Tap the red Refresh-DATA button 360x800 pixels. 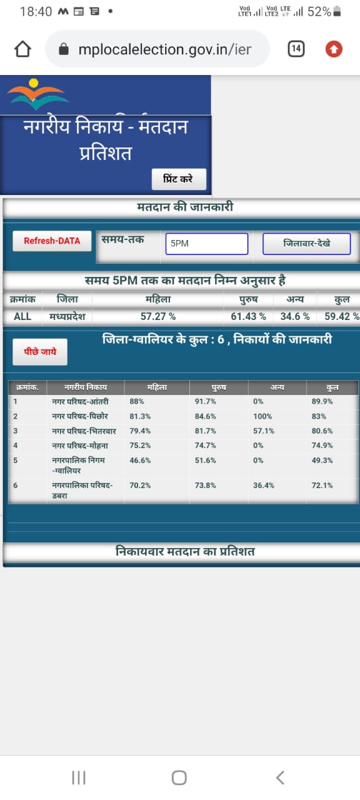[52, 241]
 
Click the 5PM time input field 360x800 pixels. [207, 244]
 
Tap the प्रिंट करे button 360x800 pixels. [179, 179]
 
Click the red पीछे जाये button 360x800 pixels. [40, 352]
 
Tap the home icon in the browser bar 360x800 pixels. [22, 49]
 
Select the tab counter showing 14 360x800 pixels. [296, 49]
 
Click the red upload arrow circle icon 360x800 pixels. [334, 49]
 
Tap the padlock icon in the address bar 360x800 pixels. [64, 49]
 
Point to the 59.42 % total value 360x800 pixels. [341, 316]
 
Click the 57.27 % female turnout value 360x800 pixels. [158, 316]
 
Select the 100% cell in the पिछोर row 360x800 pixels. [262, 416]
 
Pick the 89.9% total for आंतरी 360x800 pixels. [322, 401]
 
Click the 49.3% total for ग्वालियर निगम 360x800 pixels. [322, 461]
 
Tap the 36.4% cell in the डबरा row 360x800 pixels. [264, 486]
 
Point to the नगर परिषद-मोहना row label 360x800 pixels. [80, 446]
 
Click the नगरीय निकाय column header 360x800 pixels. [86, 387]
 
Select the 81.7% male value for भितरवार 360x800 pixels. [206, 431]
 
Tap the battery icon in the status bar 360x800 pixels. [337, 11]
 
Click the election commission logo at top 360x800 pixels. [37, 94]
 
